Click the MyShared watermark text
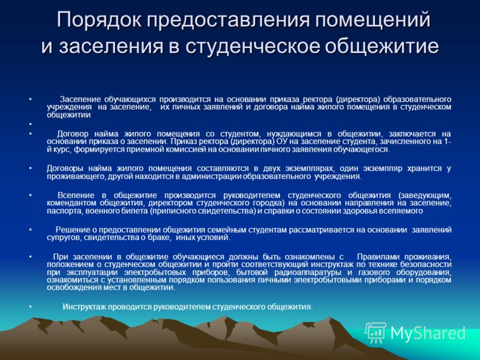point(428,333)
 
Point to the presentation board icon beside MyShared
point(376,332)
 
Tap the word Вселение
point(76,196)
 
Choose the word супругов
point(64,238)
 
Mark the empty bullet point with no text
point(31,124)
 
